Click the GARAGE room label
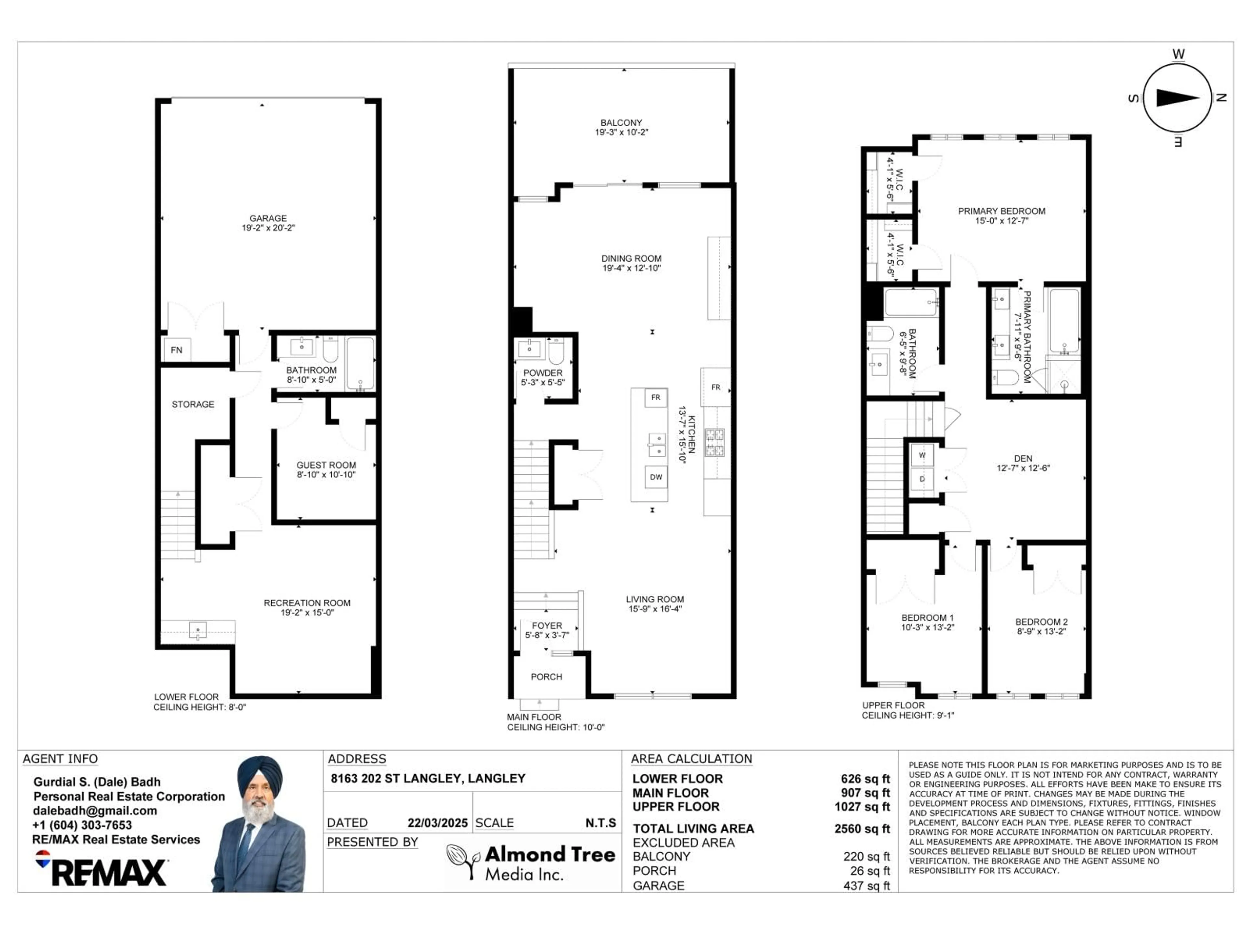[268, 218]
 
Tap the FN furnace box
[177, 350]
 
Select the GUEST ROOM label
[326, 465]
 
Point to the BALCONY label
[621, 123]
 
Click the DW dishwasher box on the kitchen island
[655, 477]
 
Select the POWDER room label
[543, 373]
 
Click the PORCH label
[546, 677]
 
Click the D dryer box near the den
[922, 479]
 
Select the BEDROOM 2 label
[1041, 622]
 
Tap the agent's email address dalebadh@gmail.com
[95, 810]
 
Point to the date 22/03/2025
[437, 823]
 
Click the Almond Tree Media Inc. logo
[531, 862]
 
